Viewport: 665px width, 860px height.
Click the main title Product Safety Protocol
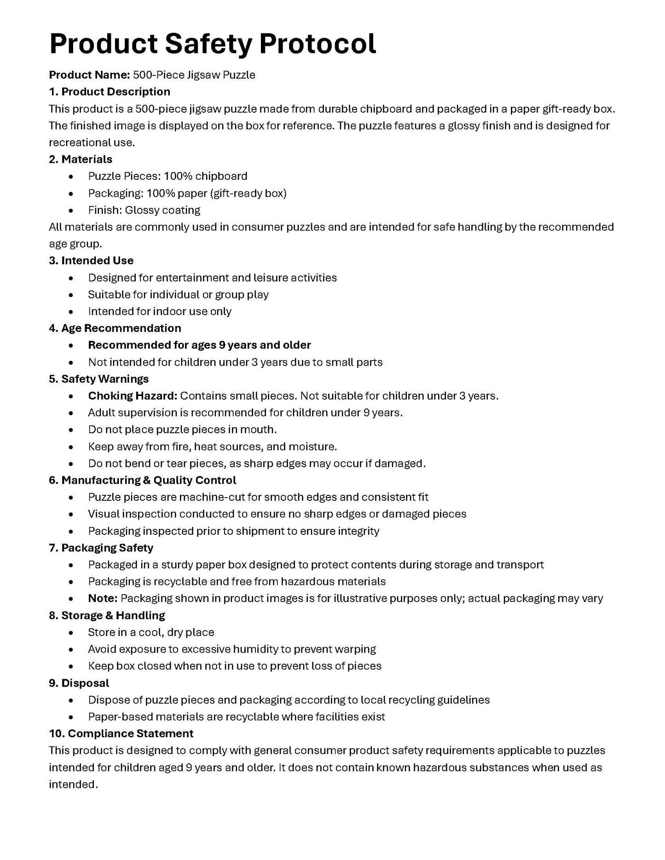[x=212, y=44]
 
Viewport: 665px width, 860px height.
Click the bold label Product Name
[x=89, y=75]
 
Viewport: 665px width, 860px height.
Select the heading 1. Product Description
[x=110, y=92]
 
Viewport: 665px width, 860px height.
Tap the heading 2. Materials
[x=81, y=159]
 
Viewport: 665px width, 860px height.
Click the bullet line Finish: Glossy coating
[x=144, y=210]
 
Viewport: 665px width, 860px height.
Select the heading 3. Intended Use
[x=91, y=260]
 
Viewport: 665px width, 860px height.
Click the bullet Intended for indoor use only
[x=160, y=311]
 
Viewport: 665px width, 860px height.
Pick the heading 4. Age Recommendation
[x=115, y=328]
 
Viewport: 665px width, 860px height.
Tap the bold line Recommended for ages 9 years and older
[x=199, y=345]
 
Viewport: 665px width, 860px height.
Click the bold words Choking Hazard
[x=133, y=396]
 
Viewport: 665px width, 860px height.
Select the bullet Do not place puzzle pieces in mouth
[x=182, y=430]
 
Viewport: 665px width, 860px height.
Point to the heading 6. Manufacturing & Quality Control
[x=142, y=480]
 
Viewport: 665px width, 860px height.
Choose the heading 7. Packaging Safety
[x=101, y=548]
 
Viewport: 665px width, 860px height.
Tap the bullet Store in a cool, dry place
[x=151, y=632]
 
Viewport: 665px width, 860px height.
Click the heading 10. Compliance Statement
[x=121, y=734]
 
